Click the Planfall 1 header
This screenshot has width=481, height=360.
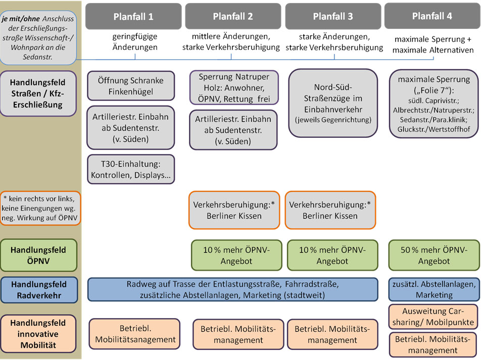coord(133,17)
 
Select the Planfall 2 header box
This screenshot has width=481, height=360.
coord(233,17)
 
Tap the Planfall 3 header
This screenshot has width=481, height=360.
coord(333,17)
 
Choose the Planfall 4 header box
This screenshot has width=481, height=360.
coord(432,17)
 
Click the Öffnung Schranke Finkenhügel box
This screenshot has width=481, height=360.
coord(131,85)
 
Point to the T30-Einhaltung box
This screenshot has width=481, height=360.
coord(131,169)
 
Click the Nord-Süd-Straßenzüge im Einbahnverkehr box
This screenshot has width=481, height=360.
coord(333,103)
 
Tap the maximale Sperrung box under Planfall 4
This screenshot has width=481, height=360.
coord(434,103)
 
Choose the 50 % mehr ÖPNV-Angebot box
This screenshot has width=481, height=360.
coord(434,255)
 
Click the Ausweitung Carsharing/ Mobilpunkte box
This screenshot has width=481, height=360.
coord(434,317)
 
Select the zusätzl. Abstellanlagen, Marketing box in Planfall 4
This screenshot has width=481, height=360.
coord(434,289)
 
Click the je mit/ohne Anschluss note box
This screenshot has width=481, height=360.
coord(39,37)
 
